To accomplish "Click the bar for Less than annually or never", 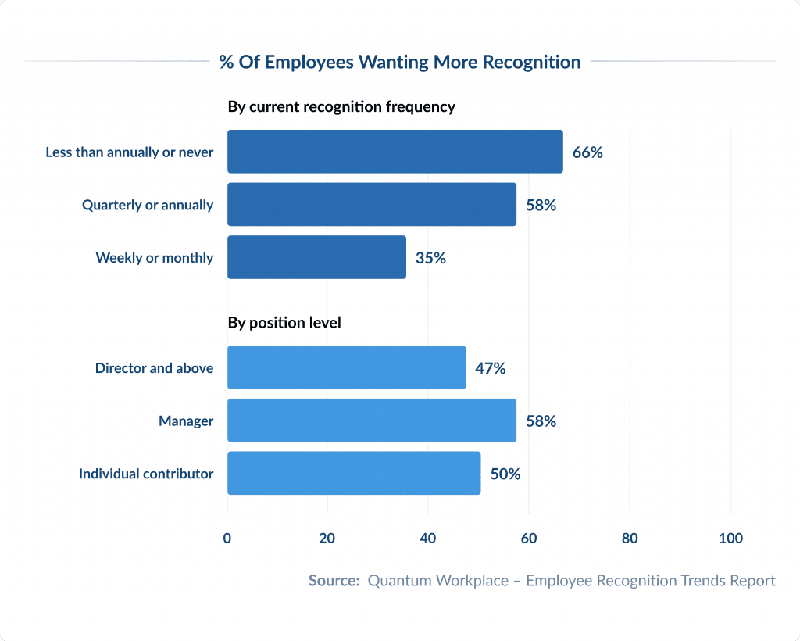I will coord(395,152).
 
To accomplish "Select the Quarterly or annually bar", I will coord(371,205).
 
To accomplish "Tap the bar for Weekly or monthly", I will coord(316,257).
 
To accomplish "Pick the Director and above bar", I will coord(346,367).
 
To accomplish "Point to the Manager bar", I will coord(371,421).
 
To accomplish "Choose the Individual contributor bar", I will coord(353,473).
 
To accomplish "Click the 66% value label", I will coord(587,152).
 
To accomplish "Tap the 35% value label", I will coord(430,258).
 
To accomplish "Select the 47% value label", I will coord(491,368).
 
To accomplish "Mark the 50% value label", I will coord(505,474).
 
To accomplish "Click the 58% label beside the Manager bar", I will coord(541,421).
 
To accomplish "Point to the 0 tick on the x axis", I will coord(227,539).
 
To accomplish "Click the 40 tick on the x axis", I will coord(428,539).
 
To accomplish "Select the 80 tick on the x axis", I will coord(630,539).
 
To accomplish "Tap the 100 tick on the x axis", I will coord(730,539).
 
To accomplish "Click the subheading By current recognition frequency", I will coord(341,107).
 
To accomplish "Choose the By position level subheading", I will coord(284,322).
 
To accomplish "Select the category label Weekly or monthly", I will coord(155,258).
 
